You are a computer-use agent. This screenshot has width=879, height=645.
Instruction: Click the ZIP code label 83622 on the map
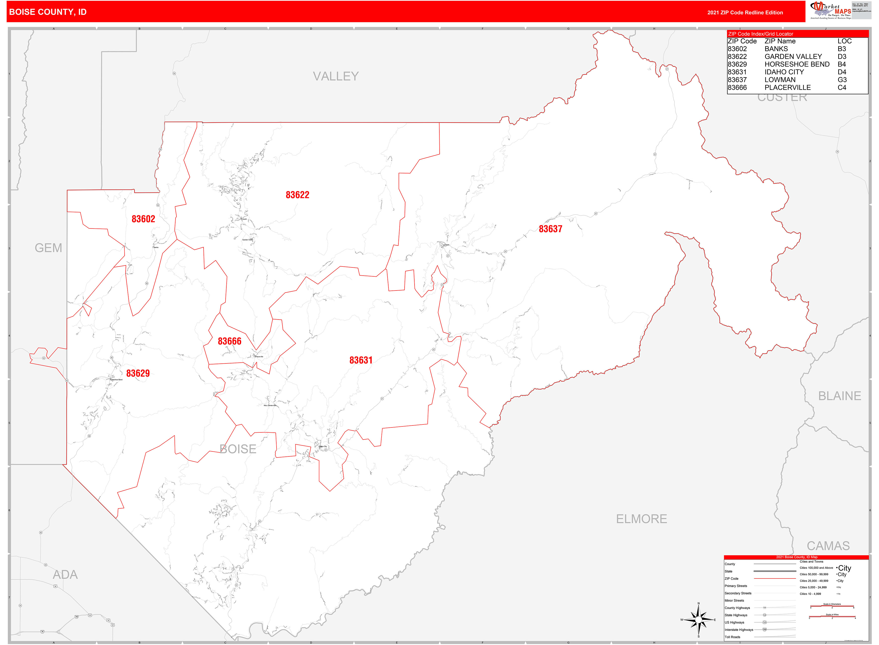pos(297,195)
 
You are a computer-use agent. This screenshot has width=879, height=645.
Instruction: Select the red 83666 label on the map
pos(229,341)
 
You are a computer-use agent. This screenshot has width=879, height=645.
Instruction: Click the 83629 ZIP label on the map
pos(138,373)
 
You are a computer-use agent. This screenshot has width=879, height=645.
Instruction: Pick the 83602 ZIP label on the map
pos(143,219)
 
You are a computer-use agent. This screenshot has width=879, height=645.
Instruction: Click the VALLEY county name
pos(336,76)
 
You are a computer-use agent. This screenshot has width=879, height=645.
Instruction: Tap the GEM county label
pos(48,248)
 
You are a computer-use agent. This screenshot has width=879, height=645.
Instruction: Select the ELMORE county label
pos(641,519)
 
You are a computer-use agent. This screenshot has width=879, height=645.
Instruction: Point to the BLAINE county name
pos(840,396)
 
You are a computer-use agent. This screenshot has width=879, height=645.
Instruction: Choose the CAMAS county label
pos(828,546)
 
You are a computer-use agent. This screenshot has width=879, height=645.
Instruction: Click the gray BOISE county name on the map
pos(238,449)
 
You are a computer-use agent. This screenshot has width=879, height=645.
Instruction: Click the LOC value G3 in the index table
pos(842,80)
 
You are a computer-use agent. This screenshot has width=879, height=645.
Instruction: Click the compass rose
pos(699,620)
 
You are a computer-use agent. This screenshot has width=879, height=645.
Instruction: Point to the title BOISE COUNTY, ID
pos(48,12)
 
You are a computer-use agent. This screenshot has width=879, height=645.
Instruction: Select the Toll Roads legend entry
pos(733,637)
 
